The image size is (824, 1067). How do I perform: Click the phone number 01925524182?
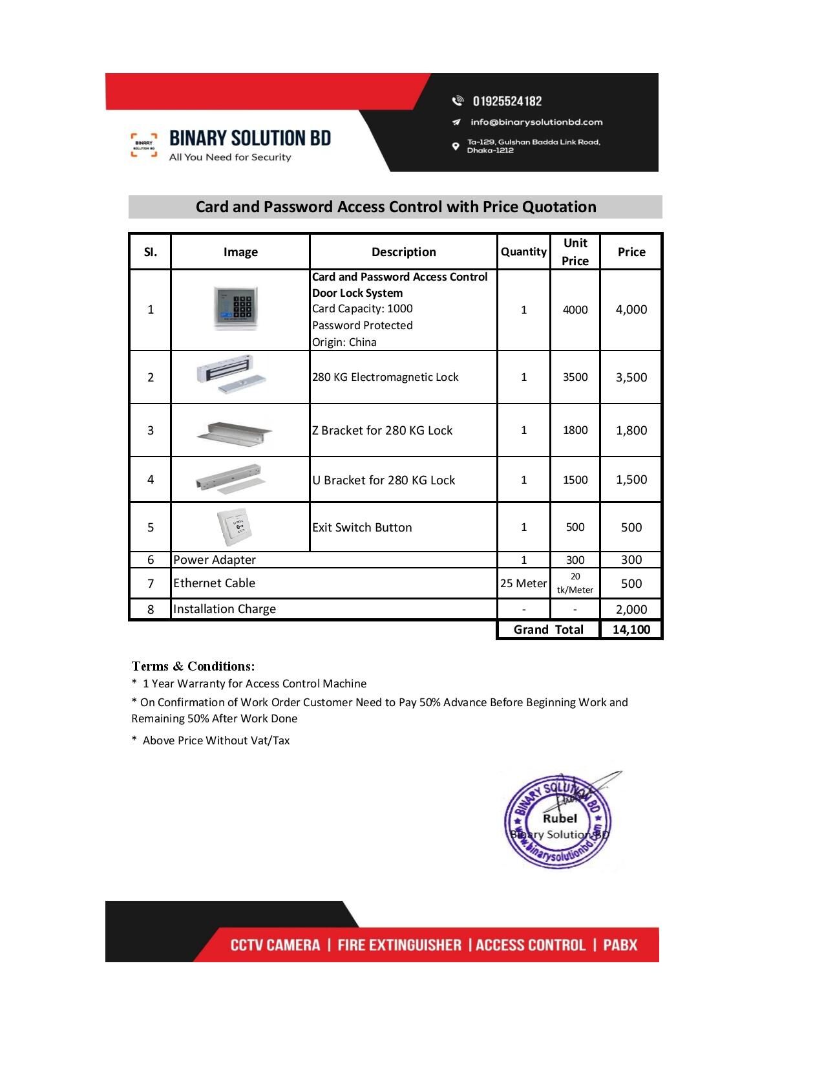click(x=507, y=101)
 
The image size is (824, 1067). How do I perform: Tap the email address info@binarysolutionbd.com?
click(x=536, y=122)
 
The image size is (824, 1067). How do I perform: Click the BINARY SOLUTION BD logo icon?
click(x=143, y=145)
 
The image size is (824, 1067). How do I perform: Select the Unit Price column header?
click(x=575, y=252)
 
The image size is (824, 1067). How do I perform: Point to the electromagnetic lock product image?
click(x=233, y=374)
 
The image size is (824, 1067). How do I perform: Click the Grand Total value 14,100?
click(x=631, y=629)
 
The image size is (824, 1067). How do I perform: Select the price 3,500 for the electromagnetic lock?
click(x=631, y=377)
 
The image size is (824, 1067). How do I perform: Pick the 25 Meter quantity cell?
click(x=523, y=583)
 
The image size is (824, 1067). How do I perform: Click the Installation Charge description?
click(x=224, y=609)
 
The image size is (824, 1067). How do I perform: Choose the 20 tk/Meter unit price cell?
click(x=575, y=583)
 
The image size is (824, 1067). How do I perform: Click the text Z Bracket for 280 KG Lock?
click(x=382, y=430)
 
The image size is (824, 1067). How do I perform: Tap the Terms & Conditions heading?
click(x=193, y=666)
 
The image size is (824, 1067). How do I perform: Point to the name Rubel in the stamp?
click(x=560, y=818)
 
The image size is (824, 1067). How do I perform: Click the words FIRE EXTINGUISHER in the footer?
click(x=399, y=945)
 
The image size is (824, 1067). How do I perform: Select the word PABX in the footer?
click(x=620, y=945)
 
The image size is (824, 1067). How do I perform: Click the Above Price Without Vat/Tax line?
click(x=216, y=740)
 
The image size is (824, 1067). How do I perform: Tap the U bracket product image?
click(x=232, y=479)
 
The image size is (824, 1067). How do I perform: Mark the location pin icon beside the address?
click(x=456, y=146)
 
